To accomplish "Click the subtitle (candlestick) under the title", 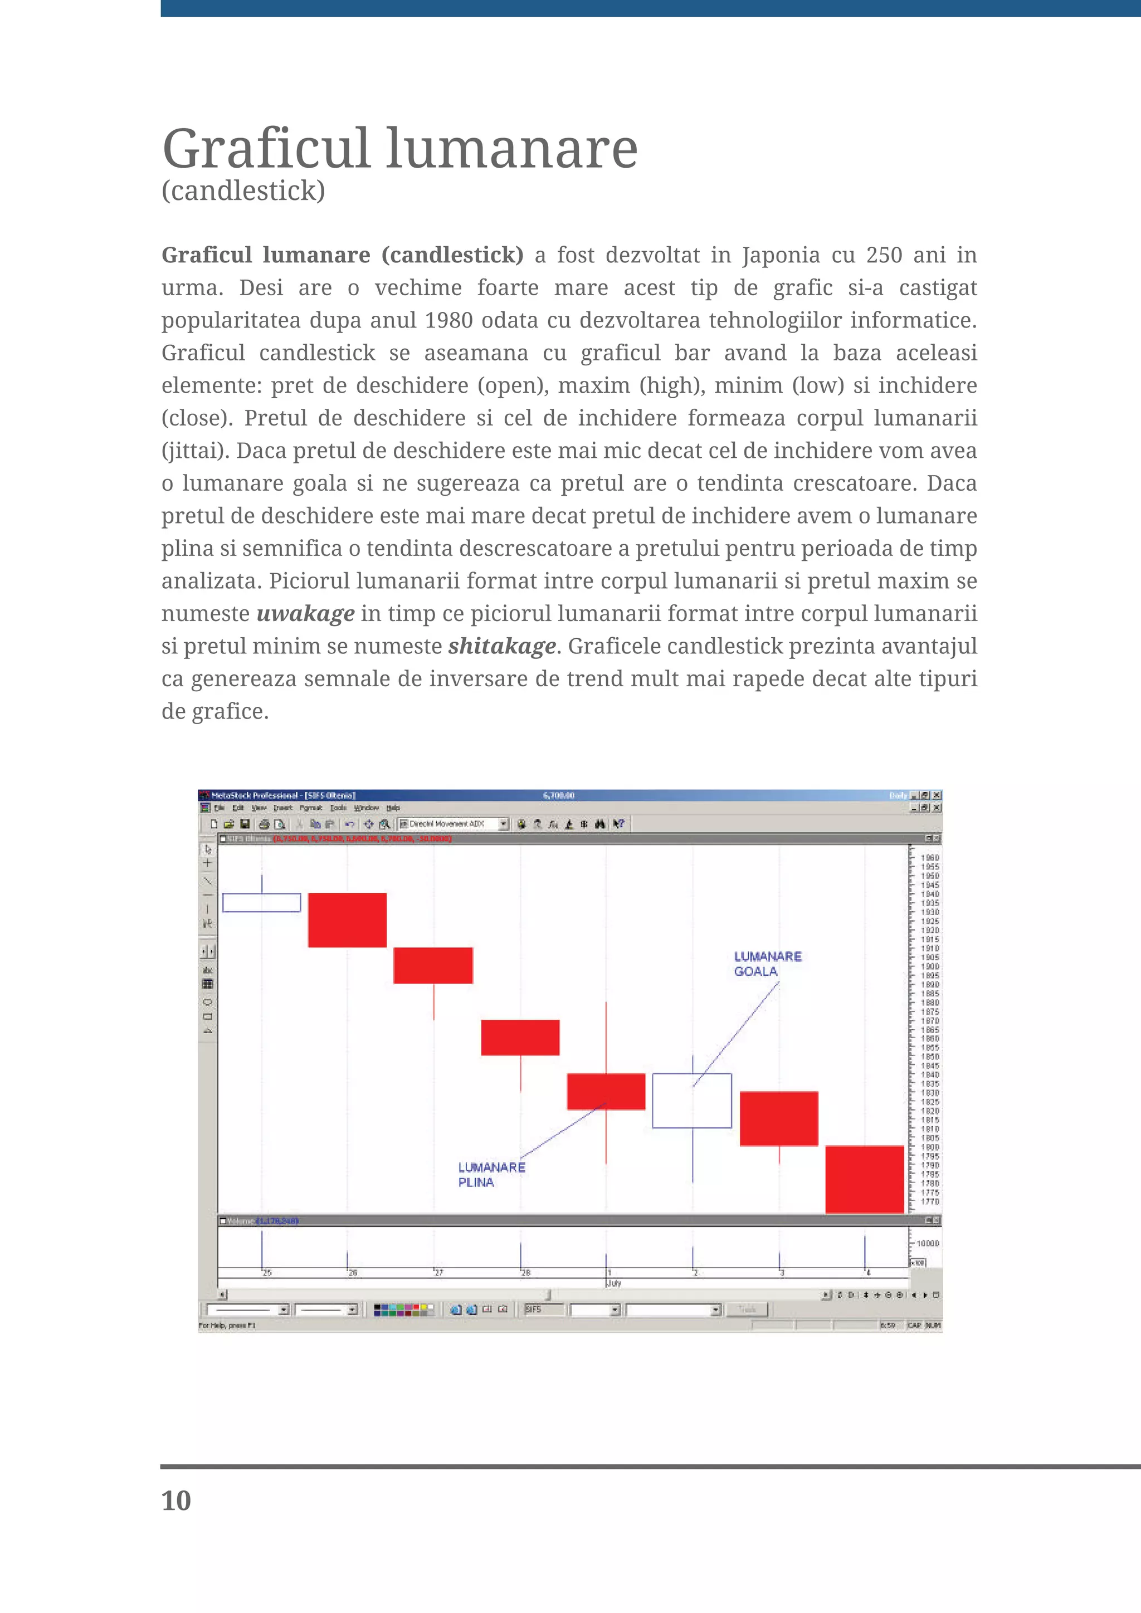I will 243,191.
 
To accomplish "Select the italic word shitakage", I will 501,646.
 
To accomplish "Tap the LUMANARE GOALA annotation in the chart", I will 767,964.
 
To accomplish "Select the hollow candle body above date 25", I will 261,903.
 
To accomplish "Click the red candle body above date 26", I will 347,920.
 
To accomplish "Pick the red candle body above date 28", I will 520,1038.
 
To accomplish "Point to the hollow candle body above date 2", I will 691,1101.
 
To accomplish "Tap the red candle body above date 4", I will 864,1179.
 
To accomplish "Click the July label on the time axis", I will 613,1283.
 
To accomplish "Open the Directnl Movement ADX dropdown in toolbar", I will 503,825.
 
